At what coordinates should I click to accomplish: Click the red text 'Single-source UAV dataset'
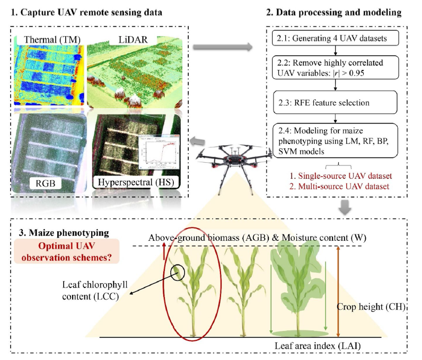(x=337, y=175)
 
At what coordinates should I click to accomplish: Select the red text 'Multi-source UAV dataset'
(x=337, y=186)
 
